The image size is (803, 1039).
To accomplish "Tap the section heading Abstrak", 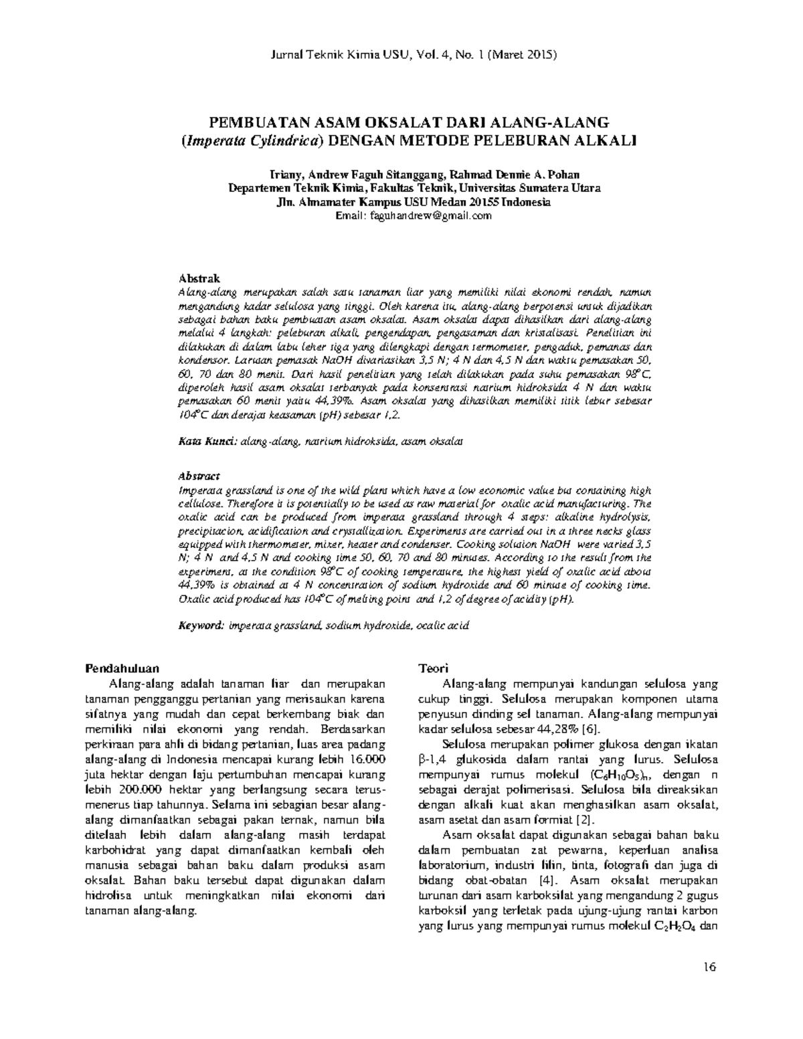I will click(198, 278).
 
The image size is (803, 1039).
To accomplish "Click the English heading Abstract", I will click(199, 476).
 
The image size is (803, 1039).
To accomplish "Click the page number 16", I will click(710, 966).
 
